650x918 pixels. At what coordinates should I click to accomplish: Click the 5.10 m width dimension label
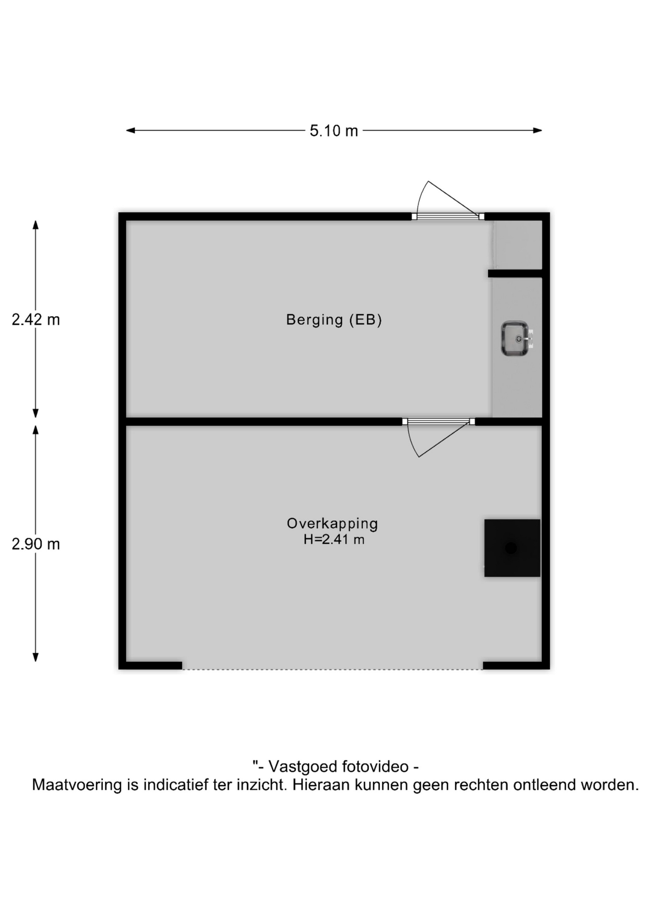(334, 131)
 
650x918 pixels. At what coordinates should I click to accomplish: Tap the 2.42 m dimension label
(36, 319)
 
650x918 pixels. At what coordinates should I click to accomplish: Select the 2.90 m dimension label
(36, 544)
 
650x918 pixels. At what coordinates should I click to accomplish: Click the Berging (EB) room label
(334, 320)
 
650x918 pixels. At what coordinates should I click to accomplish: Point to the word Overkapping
(333, 524)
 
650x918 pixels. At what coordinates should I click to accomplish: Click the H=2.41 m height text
(334, 540)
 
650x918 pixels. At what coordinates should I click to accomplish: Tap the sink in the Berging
(516, 339)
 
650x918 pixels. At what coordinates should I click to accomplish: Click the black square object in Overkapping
(512, 548)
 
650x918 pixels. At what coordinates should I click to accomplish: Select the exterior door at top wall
(448, 201)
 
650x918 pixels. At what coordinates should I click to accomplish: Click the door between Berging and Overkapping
(438, 437)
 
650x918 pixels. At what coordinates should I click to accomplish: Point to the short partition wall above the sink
(515, 273)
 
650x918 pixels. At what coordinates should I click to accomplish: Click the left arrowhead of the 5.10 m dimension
(130, 130)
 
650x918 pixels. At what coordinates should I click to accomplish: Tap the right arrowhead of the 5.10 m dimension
(538, 130)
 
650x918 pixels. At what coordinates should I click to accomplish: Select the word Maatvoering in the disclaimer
(77, 785)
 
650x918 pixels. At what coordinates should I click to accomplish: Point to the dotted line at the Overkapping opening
(333, 669)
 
